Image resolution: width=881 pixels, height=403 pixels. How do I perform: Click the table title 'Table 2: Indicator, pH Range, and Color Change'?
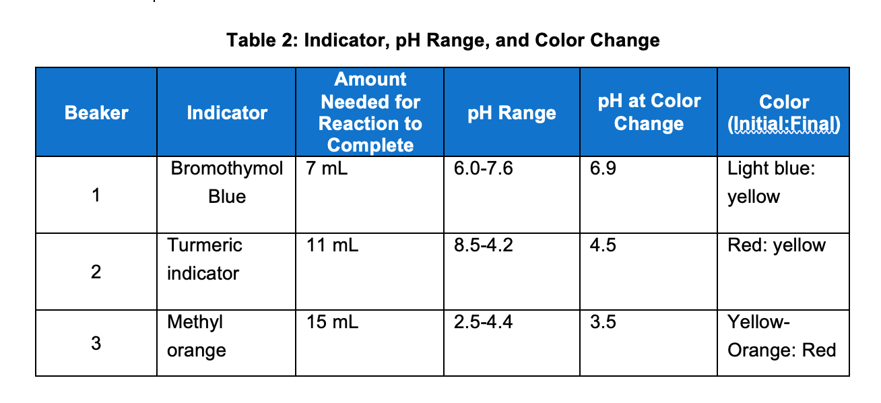coord(443,40)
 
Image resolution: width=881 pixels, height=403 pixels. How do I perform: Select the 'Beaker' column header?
coord(96,113)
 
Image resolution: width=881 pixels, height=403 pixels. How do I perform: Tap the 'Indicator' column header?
coord(227,113)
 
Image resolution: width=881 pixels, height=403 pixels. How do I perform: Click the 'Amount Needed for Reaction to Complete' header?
coord(370,113)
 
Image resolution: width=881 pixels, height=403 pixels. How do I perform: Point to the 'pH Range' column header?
coord(512,113)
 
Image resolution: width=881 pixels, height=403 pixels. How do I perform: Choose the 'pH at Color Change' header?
coord(649,113)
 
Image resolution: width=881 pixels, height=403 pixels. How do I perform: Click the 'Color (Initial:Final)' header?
coord(784,113)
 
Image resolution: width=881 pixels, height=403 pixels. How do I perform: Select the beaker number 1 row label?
coord(96,196)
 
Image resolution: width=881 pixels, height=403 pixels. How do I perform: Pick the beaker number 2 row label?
coord(96,272)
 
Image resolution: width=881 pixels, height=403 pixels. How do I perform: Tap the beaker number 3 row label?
coord(96,344)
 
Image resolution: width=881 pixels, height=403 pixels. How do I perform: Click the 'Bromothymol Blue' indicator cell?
coord(227,182)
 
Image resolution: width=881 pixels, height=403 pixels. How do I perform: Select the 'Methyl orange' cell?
coord(197,336)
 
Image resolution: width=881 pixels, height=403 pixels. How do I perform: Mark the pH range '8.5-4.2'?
coord(484,245)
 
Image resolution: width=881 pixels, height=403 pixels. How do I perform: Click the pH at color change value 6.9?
coord(602,168)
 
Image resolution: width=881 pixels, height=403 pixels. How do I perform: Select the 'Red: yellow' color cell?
coord(776,245)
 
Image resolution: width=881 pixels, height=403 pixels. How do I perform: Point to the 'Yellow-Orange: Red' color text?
coord(781,336)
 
